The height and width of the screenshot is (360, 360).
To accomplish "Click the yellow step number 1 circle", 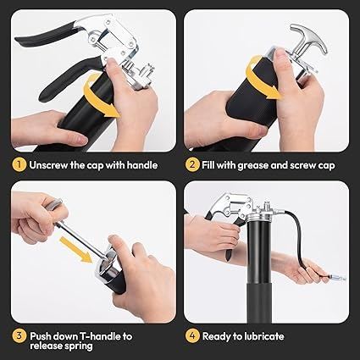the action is (19, 165).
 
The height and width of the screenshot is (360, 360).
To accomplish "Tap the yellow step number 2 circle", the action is (192, 165).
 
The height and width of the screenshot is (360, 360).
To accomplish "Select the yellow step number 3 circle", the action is (19, 336).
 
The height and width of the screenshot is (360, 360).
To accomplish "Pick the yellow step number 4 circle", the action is (192, 336).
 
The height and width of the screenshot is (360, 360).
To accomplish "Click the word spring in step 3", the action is (77, 346).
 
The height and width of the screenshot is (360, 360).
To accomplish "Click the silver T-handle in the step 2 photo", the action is (308, 42).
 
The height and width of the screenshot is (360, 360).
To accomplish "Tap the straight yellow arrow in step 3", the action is (76, 250).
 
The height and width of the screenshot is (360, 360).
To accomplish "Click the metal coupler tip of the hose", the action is (336, 278).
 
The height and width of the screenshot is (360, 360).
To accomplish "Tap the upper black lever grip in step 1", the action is (45, 35).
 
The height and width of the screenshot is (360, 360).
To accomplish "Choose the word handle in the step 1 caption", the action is (141, 165).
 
